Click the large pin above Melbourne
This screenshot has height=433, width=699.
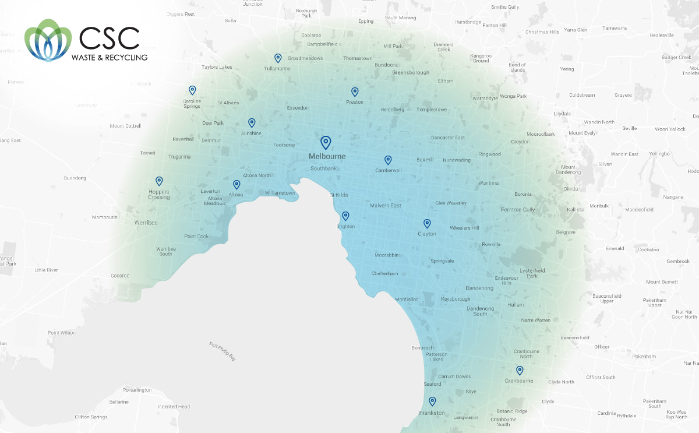pos(326,142)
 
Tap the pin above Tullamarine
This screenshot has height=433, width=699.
pos(278,58)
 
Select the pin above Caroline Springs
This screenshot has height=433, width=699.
pos(192,90)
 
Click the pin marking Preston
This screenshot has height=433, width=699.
pos(355,91)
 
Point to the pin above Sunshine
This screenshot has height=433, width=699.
pos(252,122)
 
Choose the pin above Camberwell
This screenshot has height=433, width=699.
pos(388,160)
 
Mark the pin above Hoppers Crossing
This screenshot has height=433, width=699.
pos(159,181)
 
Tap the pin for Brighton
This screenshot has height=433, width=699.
pos(345,216)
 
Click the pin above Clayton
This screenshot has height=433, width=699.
pos(427,223)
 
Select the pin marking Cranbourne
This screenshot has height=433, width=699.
pos(520,370)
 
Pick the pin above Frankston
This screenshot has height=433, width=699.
pos(432,401)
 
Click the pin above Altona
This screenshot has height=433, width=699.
pos(236,185)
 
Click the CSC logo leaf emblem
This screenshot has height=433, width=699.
pos(48,40)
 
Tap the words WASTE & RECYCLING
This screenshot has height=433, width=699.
pos(109,57)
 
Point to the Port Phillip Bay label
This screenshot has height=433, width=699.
pos(223,352)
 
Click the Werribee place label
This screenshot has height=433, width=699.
pos(146,223)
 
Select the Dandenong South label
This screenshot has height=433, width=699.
pos(480,311)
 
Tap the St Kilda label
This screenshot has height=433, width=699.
pos(339,195)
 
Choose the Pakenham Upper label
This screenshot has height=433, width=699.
pos(655,302)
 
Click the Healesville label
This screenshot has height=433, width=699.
pos(662,35)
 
